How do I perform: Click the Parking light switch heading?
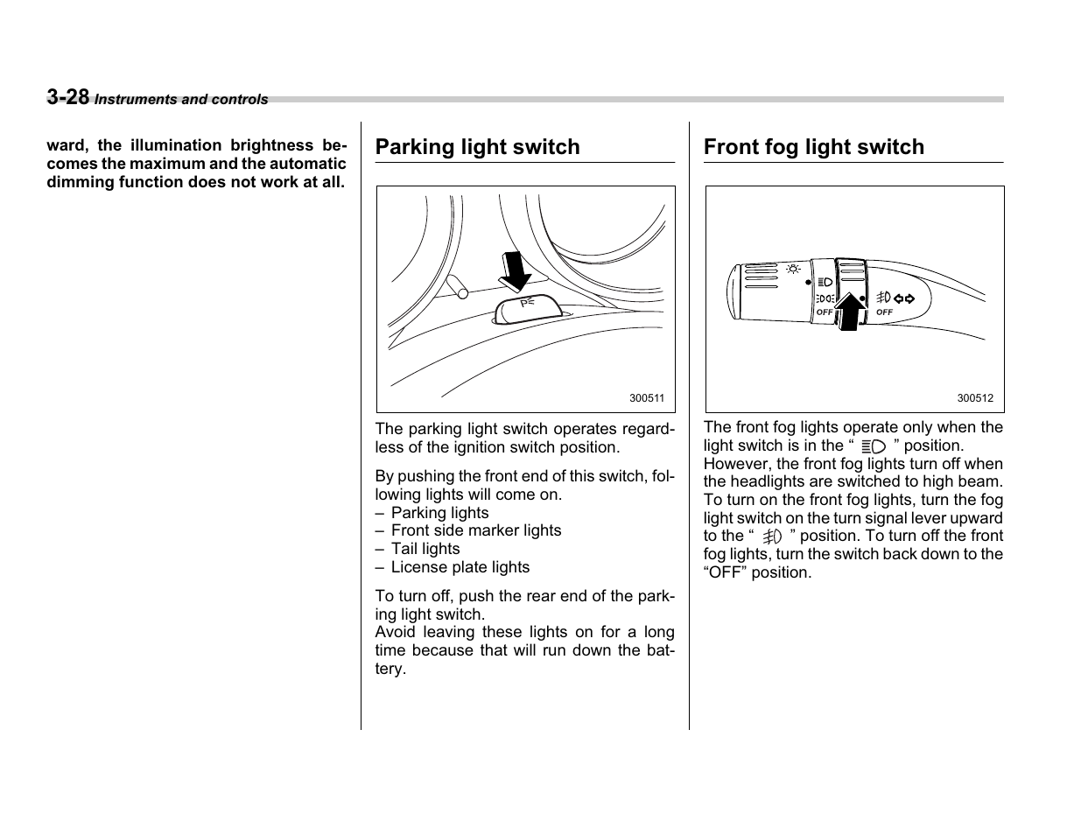tap(477, 147)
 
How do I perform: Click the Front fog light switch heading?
tap(813, 147)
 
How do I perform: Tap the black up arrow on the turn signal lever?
tap(848, 312)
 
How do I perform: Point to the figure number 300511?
tap(647, 398)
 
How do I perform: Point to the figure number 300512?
tap(974, 398)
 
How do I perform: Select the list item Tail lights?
tap(425, 549)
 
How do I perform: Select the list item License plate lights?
tap(460, 567)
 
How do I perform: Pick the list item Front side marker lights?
tap(476, 530)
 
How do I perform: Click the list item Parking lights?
tap(440, 513)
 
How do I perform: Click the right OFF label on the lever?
tap(884, 312)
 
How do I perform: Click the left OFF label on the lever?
tap(824, 312)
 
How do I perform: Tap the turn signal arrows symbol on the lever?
tap(903, 298)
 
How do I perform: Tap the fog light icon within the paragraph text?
tap(771, 537)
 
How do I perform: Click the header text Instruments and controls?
tap(181, 100)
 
